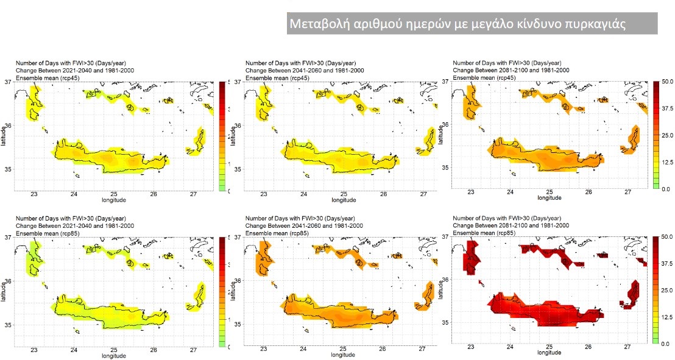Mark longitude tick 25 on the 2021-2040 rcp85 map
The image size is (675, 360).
point(113,350)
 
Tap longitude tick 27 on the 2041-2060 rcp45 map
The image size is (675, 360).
point(423,194)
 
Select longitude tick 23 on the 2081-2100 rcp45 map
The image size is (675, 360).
point(471,192)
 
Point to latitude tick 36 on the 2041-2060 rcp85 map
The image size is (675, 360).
point(238,281)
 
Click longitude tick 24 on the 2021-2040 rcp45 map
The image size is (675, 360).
point(74,194)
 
